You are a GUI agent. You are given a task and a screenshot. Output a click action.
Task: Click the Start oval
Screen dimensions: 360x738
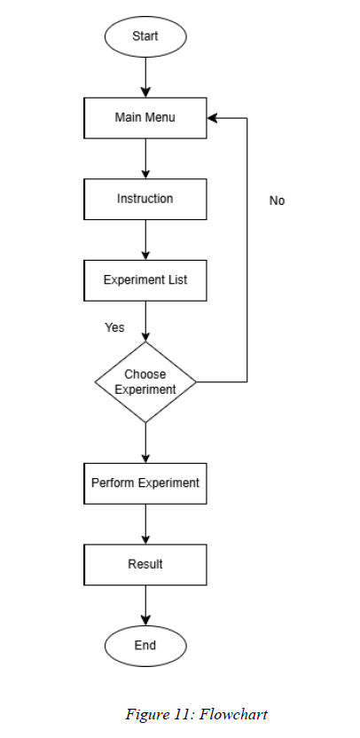[x=145, y=36]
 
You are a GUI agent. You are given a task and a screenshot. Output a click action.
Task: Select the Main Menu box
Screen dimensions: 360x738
[x=145, y=118]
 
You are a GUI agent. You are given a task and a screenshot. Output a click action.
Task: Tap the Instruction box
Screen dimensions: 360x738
[x=145, y=199]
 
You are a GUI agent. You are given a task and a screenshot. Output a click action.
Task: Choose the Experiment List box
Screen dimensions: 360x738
[x=145, y=280]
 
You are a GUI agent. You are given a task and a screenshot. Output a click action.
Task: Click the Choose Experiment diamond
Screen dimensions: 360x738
[x=145, y=381]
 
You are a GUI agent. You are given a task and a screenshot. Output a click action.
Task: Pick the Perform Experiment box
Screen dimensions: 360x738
[x=145, y=483]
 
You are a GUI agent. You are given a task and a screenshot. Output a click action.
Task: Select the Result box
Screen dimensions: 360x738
[x=145, y=565]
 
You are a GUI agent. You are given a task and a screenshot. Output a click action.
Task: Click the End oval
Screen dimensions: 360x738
[x=145, y=646]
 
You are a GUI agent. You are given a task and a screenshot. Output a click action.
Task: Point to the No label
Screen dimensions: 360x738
[x=278, y=201]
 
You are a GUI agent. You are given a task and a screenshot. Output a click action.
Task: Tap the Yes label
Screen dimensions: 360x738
[x=114, y=327]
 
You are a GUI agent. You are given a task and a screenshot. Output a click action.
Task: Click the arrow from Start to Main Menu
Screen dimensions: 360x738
[x=145, y=77]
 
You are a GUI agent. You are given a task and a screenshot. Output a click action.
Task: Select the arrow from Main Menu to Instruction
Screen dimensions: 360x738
[x=145, y=159]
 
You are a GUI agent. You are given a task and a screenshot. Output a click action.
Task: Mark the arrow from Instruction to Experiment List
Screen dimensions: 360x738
[x=145, y=239]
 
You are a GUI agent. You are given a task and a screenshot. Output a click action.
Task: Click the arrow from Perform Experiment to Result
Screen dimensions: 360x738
[x=145, y=524]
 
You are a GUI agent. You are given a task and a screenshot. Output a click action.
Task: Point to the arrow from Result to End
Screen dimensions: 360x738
[x=145, y=605]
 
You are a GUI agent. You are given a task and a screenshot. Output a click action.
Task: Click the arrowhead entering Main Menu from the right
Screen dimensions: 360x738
[x=212, y=118]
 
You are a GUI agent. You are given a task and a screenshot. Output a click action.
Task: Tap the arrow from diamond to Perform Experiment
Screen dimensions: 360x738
[x=145, y=443]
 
